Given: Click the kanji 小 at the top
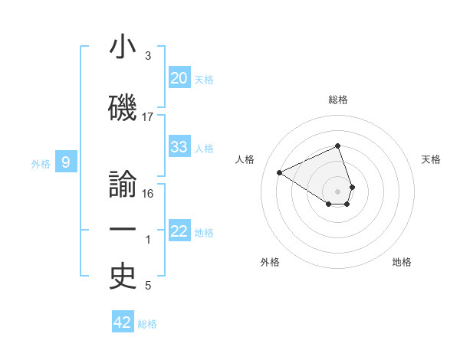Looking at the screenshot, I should coord(123,47).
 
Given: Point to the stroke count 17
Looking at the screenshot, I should coord(148,117).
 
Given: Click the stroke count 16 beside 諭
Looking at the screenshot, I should coord(148,194).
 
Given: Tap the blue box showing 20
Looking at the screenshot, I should coord(179,77).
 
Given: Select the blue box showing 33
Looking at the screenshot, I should coord(179,147).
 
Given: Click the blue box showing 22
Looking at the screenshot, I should coord(179,231).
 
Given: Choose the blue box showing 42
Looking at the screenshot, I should coord(122,322).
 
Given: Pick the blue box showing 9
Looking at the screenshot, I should coord(67,162).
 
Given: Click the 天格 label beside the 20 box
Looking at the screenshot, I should coord(204,79).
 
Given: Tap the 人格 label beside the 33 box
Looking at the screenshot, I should coord(204,149).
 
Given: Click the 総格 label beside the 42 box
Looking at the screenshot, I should coord(147,324).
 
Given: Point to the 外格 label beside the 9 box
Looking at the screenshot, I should coord(41,163).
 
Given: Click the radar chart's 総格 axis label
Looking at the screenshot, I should coord(337,100).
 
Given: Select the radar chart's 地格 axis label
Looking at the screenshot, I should coord(402,262).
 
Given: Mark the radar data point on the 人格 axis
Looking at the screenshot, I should coord(280,173).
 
